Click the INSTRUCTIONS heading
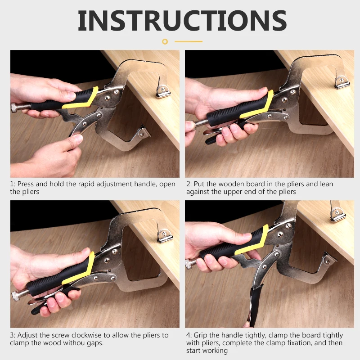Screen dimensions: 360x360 click(x=182, y=21)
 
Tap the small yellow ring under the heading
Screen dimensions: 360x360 click(x=165, y=41)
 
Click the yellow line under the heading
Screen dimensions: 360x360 click(x=189, y=41)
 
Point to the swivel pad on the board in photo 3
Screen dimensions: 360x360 click(x=165, y=236)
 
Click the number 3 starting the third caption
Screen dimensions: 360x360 click(x=12, y=335)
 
